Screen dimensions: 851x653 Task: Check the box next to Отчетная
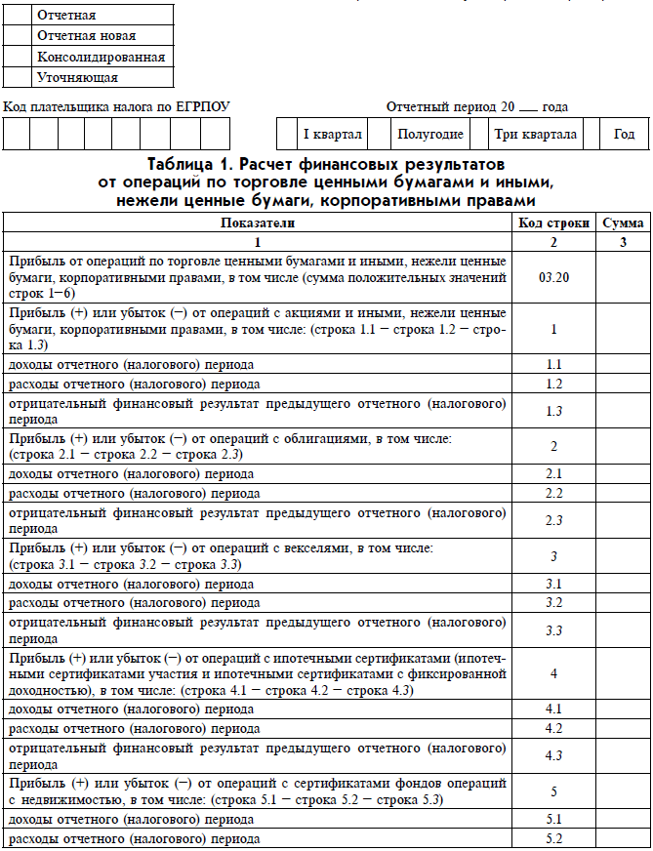[x=18, y=16]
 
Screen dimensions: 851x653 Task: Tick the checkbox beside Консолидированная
[x=18, y=57]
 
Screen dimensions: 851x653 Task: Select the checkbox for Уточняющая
[x=18, y=77]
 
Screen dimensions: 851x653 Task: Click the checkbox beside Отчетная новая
[x=18, y=36]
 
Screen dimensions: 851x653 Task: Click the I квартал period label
[x=332, y=135]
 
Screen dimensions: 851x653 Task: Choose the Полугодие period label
[x=430, y=135]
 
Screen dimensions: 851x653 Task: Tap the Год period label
[x=624, y=135]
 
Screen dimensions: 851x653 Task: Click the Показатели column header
[x=258, y=223]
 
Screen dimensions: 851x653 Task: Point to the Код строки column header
[x=552, y=223]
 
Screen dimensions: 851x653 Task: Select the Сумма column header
[x=623, y=223]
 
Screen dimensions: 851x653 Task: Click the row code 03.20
[x=552, y=277]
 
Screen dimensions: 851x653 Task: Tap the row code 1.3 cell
[x=552, y=411]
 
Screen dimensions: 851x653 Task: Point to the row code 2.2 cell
[x=552, y=493]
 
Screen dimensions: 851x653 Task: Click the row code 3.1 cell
[x=552, y=584]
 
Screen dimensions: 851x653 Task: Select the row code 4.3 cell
[x=552, y=755]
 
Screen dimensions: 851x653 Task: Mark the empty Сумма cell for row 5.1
[x=623, y=819]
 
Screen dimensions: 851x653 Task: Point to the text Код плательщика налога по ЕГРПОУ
[x=117, y=106]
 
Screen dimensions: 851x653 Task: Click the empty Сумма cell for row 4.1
[x=623, y=709]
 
